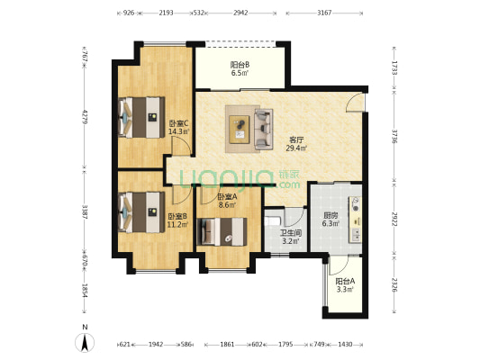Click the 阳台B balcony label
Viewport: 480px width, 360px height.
[x=240, y=65]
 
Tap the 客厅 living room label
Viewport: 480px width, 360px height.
[x=296, y=140]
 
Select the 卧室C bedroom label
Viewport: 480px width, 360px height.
[x=179, y=123]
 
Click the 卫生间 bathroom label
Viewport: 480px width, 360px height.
[x=291, y=233]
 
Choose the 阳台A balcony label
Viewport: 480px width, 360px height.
[x=345, y=281]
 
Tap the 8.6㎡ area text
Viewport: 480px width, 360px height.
[x=227, y=205]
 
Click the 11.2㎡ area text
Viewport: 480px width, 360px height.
[x=177, y=224]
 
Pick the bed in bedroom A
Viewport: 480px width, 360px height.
[x=222, y=231]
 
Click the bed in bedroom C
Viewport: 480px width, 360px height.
[x=141, y=117]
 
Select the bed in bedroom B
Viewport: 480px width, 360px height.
[x=141, y=212]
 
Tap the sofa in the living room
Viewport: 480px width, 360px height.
[x=264, y=129]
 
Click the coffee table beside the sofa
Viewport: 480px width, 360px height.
[x=240, y=129]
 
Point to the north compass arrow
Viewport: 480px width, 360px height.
[x=85, y=343]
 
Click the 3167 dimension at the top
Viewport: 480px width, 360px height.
[x=324, y=13]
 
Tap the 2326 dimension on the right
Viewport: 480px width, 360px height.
[x=394, y=284]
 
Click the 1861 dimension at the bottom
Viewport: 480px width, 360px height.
[x=227, y=345]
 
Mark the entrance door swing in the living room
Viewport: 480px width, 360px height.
[x=356, y=103]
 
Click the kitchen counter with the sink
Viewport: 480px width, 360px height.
[x=356, y=220]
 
